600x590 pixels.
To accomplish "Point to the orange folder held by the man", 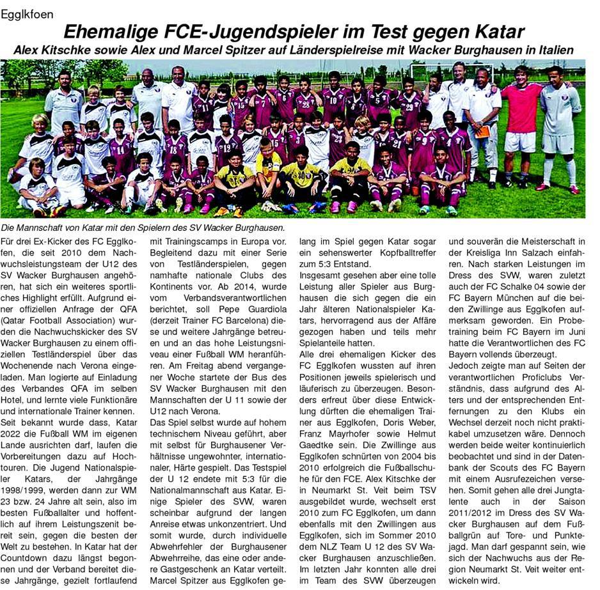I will point(483,131).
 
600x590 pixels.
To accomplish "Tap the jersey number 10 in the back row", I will point(333,100).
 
